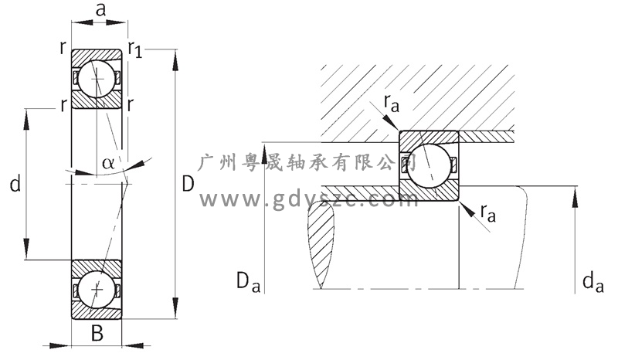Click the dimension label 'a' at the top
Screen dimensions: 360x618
pos(100,10)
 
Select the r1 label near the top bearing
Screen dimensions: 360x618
pos(135,51)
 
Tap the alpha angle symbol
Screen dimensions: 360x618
pos(107,163)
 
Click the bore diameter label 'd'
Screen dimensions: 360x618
pos(14,184)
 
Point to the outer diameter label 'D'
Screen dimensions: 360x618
pos(188,185)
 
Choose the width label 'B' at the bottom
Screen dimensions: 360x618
pos(97,334)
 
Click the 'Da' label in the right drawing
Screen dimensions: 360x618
pos(246,280)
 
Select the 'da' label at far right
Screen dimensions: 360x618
pos(593,283)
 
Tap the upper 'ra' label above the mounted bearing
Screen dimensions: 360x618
pos(392,103)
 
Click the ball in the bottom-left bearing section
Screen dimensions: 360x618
pos(97,289)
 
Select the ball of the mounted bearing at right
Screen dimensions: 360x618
pos(429,165)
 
